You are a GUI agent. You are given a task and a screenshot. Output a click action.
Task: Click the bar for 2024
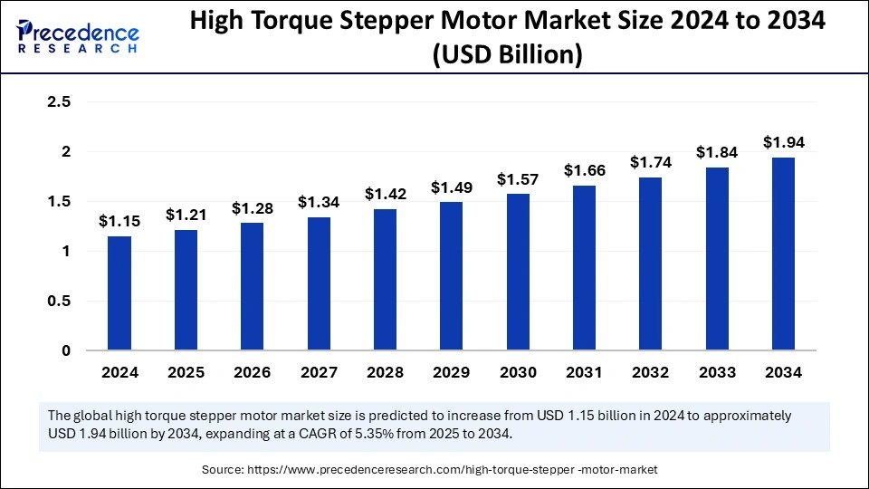(119, 293)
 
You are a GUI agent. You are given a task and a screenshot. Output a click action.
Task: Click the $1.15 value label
(119, 221)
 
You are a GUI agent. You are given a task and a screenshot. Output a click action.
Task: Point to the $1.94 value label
(783, 142)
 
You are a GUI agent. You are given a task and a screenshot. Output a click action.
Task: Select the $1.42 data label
(385, 194)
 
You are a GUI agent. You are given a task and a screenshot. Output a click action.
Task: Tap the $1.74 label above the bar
(650, 162)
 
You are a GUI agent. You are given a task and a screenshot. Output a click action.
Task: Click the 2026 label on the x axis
(252, 372)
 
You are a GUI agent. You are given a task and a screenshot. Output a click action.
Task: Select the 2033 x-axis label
(717, 372)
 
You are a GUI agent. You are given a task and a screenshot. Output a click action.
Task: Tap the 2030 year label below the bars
(518, 372)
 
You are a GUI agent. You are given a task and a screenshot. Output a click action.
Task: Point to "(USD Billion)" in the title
(508, 56)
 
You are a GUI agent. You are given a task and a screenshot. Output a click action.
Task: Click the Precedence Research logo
(78, 37)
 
